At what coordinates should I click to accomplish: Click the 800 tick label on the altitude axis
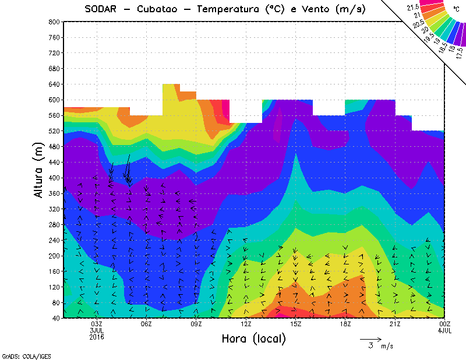[x=53, y=22]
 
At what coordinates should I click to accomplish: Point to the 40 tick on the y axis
[x=55, y=318]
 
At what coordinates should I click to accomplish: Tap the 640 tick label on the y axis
[x=53, y=84]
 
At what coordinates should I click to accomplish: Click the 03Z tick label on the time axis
[x=97, y=324]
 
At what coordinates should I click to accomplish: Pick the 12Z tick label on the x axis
[x=246, y=324]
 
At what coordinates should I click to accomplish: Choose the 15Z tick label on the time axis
[x=296, y=324]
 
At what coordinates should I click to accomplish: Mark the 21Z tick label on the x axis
[x=395, y=324]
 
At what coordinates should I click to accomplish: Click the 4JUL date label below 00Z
[x=445, y=330]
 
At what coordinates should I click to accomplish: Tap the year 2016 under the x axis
[x=97, y=337]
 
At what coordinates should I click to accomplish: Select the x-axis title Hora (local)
[x=253, y=338]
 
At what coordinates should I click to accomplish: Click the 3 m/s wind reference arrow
[x=370, y=338]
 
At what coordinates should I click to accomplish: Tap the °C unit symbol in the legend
[x=455, y=9]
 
